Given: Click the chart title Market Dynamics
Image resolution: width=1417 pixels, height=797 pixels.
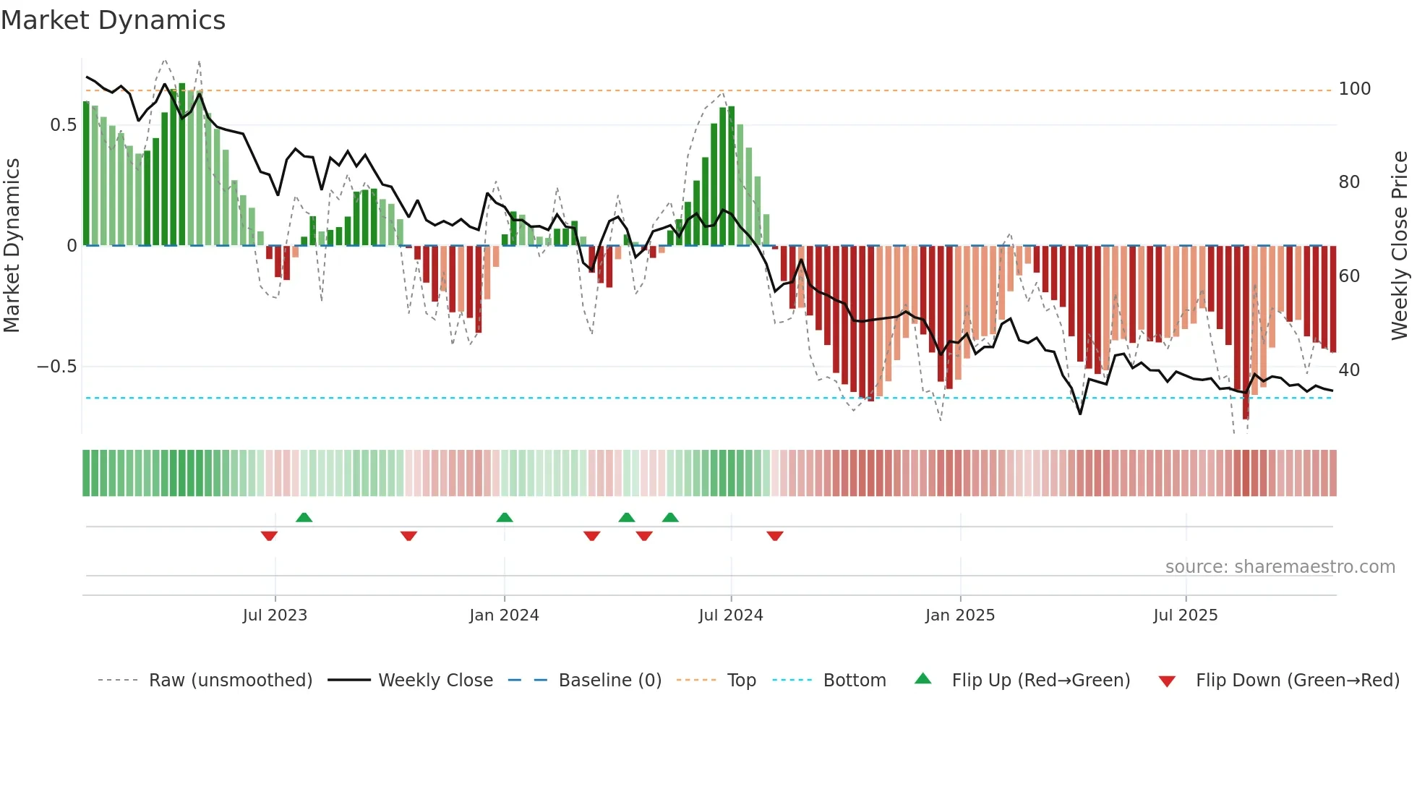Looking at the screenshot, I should click(x=113, y=20).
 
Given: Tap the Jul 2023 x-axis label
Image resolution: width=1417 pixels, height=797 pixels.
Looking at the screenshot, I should click(x=275, y=615).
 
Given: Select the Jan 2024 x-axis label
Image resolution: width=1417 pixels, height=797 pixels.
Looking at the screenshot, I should click(x=504, y=615).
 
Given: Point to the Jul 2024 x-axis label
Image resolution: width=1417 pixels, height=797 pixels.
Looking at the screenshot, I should click(x=731, y=615).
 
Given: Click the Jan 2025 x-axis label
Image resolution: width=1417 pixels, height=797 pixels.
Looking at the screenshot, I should click(x=960, y=615).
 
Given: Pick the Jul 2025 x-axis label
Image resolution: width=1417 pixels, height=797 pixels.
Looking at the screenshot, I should click(x=1186, y=615).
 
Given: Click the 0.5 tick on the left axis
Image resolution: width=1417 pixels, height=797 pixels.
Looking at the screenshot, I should click(x=64, y=125).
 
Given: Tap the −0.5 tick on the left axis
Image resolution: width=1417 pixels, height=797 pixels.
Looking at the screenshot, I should click(x=56, y=367).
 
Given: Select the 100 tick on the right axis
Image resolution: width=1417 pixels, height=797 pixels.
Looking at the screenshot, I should click(x=1354, y=89).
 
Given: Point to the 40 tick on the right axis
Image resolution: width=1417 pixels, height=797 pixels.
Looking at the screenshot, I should click(x=1349, y=370).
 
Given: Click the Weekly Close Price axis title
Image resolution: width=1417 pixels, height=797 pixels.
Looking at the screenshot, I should click(x=1400, y=246).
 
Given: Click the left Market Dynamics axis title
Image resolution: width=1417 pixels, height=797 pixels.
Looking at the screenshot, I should click(x=12, y=246).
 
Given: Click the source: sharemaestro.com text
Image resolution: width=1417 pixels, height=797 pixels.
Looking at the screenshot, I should click(x=1280, y=567).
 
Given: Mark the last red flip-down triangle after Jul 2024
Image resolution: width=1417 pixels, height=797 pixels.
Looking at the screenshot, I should click(x=775, y=536).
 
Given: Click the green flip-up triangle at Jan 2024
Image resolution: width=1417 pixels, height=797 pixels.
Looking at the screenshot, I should click(x=505, y=517).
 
